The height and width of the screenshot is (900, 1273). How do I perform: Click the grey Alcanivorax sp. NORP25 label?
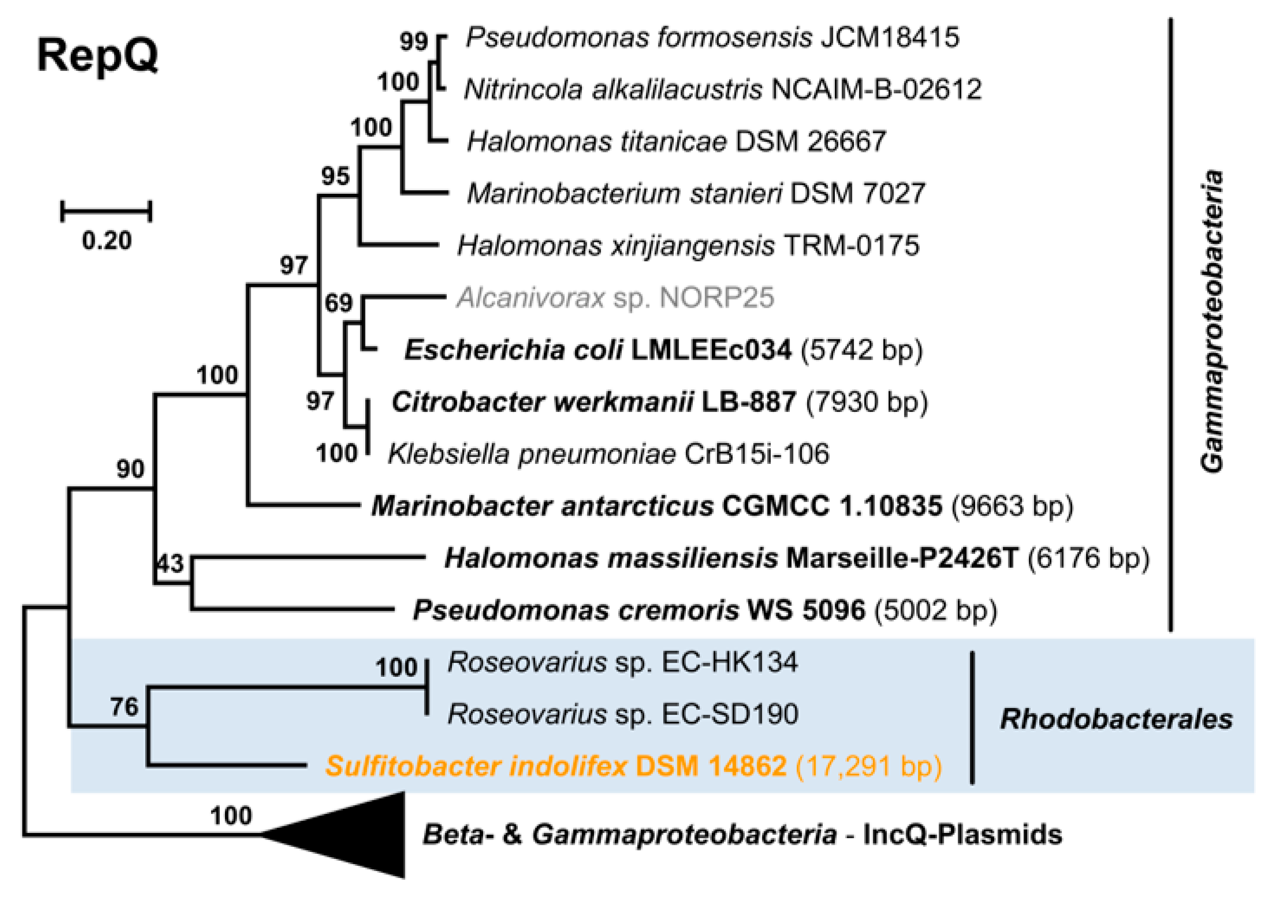tap(615, 298)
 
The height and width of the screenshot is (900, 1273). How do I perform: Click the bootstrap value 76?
tap(124, 707)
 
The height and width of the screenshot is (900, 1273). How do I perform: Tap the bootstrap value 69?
tap(338, 303)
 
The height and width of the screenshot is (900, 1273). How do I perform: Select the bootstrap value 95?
tap(336, 176)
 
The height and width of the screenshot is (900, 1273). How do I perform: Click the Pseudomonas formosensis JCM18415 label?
tap(712, 38)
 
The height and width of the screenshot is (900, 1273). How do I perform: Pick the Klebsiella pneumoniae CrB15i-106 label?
tap(608, 454)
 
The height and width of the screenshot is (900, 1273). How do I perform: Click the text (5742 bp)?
tap(861, 350)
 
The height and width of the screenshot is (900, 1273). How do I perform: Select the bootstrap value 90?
tap(130, 469)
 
